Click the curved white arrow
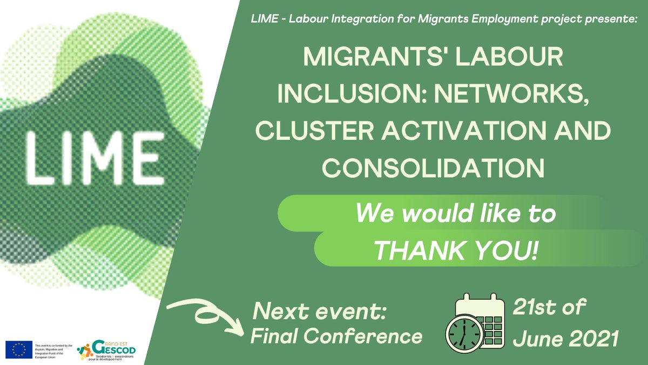[x=202, y=316]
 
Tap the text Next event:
[x=322, y=312]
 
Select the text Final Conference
[x=336, y=336]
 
